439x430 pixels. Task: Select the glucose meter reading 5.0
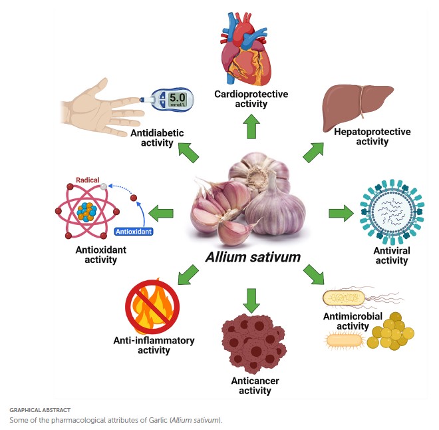[x=176, y=100]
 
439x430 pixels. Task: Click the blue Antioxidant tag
[x=134, y=232]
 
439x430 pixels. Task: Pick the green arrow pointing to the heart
[x=251, y=126]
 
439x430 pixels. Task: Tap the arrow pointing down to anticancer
[x=251, y=300]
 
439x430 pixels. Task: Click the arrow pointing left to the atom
[x=161, y=214]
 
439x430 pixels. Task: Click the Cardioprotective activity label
[x=251, y=99]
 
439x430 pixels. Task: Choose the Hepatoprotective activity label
[x=372, y=136]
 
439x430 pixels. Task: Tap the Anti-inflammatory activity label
[x=154, y=345]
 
